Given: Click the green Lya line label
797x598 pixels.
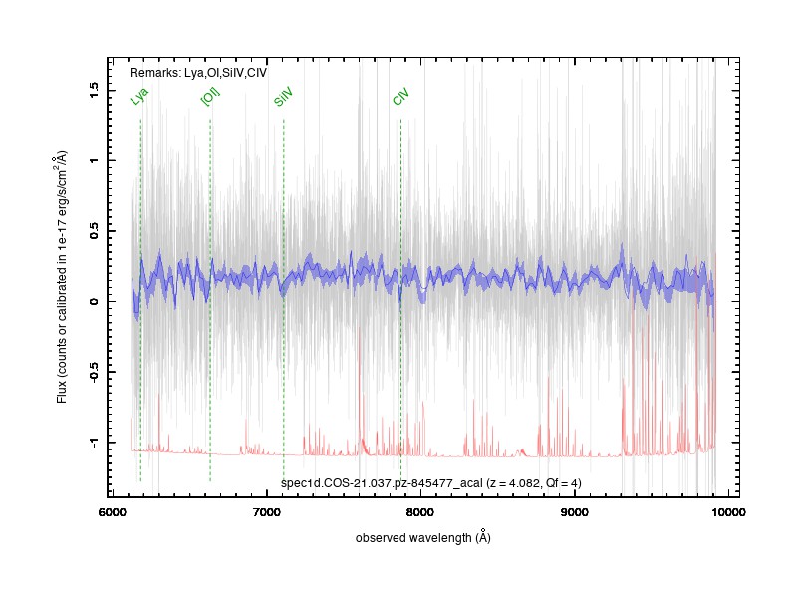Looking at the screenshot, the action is coord(138,96).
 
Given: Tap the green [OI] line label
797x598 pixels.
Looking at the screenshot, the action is coord(210,96).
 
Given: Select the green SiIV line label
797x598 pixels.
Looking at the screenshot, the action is coord(283,96).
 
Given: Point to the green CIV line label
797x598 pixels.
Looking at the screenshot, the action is coord(400,96).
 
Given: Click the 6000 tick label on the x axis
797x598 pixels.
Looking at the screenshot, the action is coord(112,512).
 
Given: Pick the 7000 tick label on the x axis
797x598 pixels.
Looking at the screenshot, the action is coord(266,512).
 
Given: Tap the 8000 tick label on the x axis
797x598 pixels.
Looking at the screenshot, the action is coord(420,512).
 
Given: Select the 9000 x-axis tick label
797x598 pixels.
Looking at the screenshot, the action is coord(575,512).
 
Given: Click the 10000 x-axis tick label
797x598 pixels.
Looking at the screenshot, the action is coord(728,512).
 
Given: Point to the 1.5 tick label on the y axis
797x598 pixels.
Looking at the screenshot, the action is coord(93,91).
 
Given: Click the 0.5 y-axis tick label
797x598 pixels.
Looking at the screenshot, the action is coord(93,231).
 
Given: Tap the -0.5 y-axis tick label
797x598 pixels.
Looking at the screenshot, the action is coord(93,372).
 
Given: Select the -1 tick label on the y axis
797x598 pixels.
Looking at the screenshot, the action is coord(93,443).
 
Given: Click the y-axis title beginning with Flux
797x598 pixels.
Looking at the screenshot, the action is coord(61,277).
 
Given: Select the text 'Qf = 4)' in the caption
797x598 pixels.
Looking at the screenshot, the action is coord(563,483).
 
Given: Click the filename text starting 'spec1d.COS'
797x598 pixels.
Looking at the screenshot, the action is coord(382,483).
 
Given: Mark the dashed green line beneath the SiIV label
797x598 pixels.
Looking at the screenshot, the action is coord(284,300).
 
